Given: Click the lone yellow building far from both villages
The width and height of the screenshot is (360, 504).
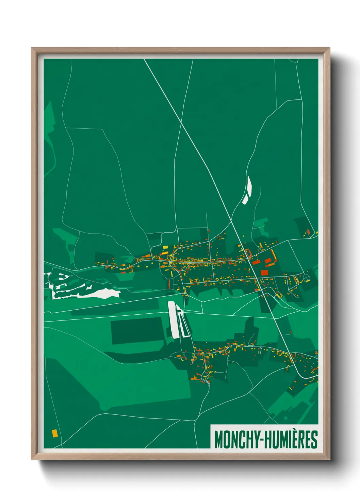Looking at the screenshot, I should coord(54,433).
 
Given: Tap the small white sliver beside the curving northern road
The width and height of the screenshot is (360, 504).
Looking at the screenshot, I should coord(247,191).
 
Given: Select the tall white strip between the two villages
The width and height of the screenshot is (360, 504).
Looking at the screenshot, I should coord(173,320).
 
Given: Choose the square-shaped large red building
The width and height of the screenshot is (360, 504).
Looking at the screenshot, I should coord(264,272).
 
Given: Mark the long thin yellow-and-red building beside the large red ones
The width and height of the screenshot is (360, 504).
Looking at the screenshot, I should coord(273,254).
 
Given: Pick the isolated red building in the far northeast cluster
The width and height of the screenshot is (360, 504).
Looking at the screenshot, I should coord(309,232).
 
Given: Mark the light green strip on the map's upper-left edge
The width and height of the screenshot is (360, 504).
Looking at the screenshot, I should coord(49,136).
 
